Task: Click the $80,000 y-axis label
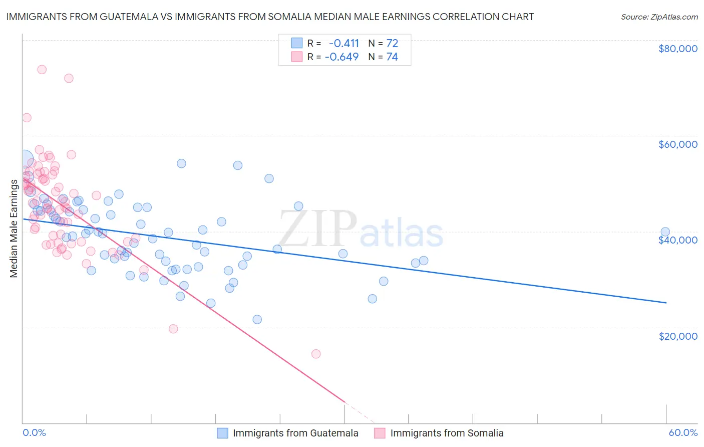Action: (677, 49)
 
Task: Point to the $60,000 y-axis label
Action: (677, 144)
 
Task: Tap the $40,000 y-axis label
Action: (677, 240)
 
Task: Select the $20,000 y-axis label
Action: (677, 336)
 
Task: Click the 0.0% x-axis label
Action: (34, 432)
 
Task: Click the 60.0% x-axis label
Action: (682, 432)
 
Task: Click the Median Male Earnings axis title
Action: (14, 228)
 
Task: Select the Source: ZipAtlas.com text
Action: (659, 17)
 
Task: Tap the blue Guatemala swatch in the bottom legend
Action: (222, 433)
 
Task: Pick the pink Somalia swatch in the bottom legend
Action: (380, 433)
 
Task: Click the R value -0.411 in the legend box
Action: (344, 43)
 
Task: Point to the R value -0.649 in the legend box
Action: (342, 57)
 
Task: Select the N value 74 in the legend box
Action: (392, 57)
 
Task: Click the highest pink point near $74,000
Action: (42, 70)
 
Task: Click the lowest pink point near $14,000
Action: (316, 354)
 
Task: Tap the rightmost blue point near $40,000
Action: (665, 232)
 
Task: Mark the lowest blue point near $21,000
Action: (257, 319)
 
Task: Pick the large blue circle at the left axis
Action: (25, 158)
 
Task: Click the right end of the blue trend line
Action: (666, 303)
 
